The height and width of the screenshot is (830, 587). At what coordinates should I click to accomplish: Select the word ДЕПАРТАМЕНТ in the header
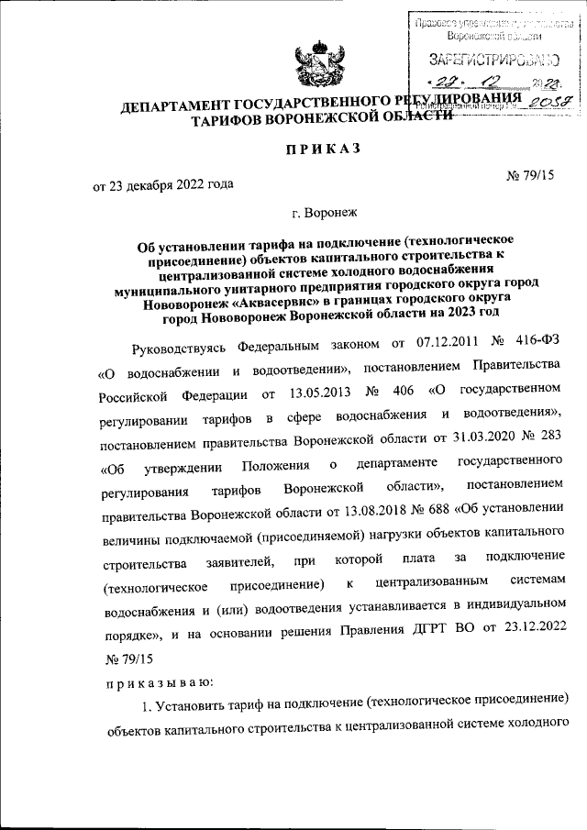pyautogui.click(x=183, y=110)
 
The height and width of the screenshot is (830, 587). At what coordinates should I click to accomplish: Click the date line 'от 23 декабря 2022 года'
pyautogui.click(x=163, y=184)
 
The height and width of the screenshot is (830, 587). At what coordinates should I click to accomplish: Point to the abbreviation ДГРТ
pyautogui.click(x=435, y=633)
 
